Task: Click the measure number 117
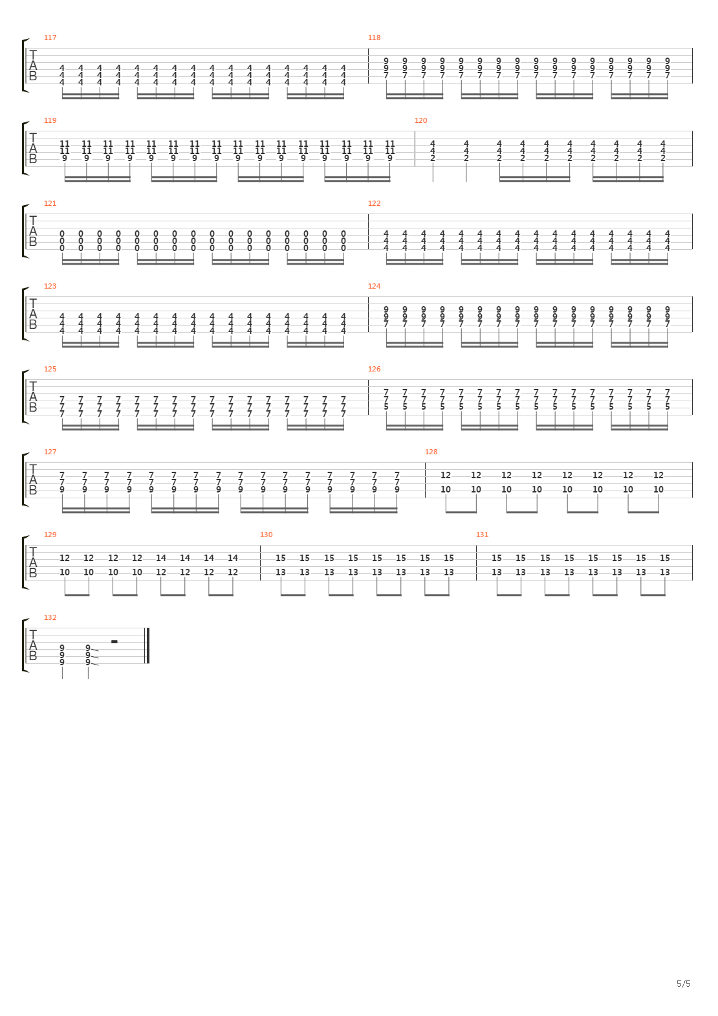click(x=50, y=38)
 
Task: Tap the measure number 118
click(x=374, y=38)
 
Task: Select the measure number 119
click(x=50, y=120)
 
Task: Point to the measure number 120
click(x=420, y=120)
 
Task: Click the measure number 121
click(x=50, y=203)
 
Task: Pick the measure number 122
click(x=374, y=203)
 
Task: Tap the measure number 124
click(x=374, y=286)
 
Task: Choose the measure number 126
click(x=374, y=370)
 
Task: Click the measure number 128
click(x=431, y=452)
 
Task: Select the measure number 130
click(x=266, y=535)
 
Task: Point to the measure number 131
click(x=482, y=535)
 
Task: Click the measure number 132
click(x=50, y=617)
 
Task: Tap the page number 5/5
click(x=683, y=984)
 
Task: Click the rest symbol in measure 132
click(x=114, y=642)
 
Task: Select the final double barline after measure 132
click(x=147, y=646)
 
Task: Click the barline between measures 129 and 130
click(x=260, y=563)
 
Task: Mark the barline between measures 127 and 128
click(x=425, y=480)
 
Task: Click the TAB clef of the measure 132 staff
click(x=32, y=645)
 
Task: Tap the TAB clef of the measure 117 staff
click(x=32, y=66)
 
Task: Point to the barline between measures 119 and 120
click(x=415, y=149)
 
